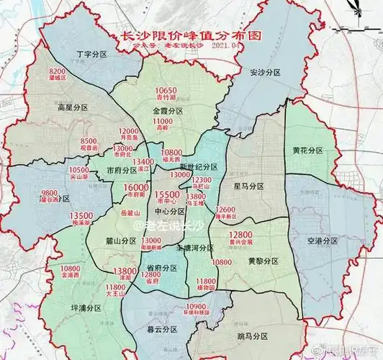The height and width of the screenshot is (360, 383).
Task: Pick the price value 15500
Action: (167, 194)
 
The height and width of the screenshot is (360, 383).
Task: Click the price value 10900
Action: (217, 307)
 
